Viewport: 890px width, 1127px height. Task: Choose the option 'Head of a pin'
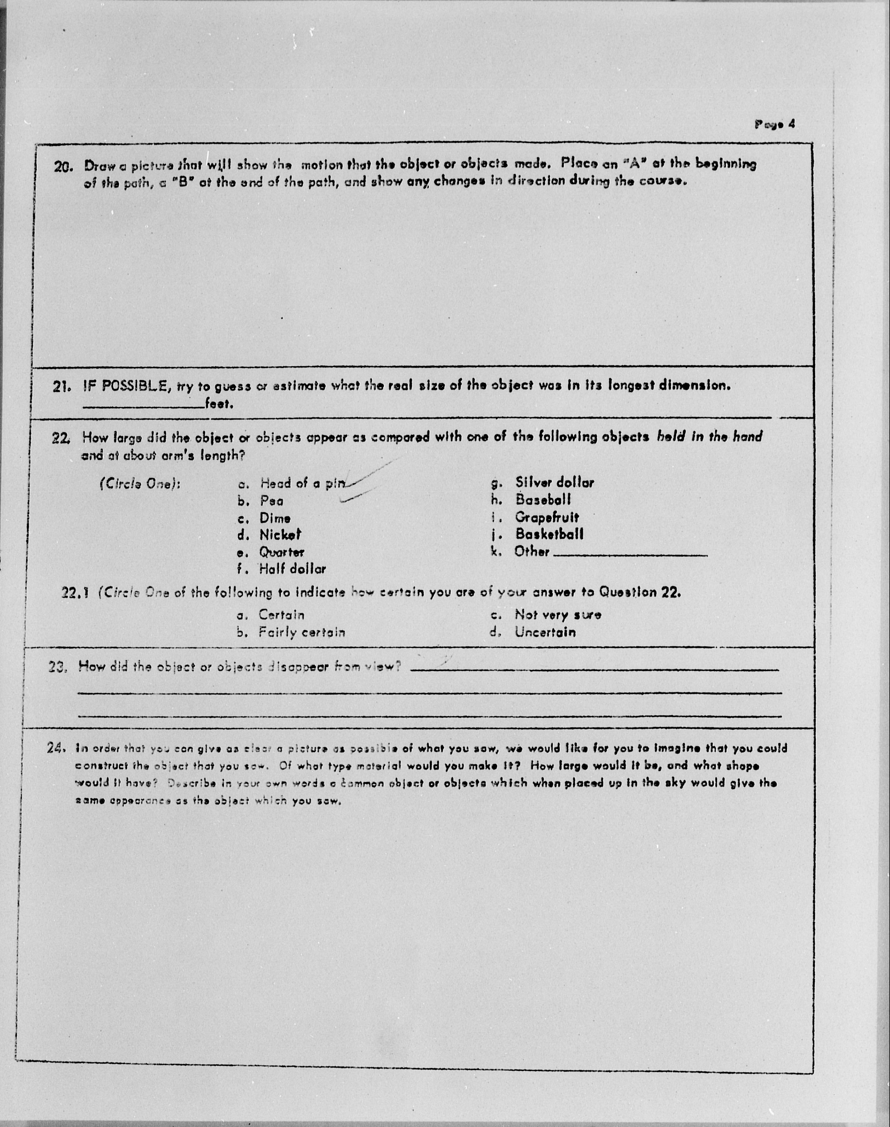tap(302, 483)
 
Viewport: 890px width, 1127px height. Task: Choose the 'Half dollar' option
tap(292, 569)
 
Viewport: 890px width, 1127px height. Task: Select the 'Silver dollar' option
tap(554, 483)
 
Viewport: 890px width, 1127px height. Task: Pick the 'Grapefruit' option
tap(547, 517)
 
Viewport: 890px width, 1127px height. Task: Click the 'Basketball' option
tap(549, 534)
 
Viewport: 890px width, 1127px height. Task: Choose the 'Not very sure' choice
tap(558, 615)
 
